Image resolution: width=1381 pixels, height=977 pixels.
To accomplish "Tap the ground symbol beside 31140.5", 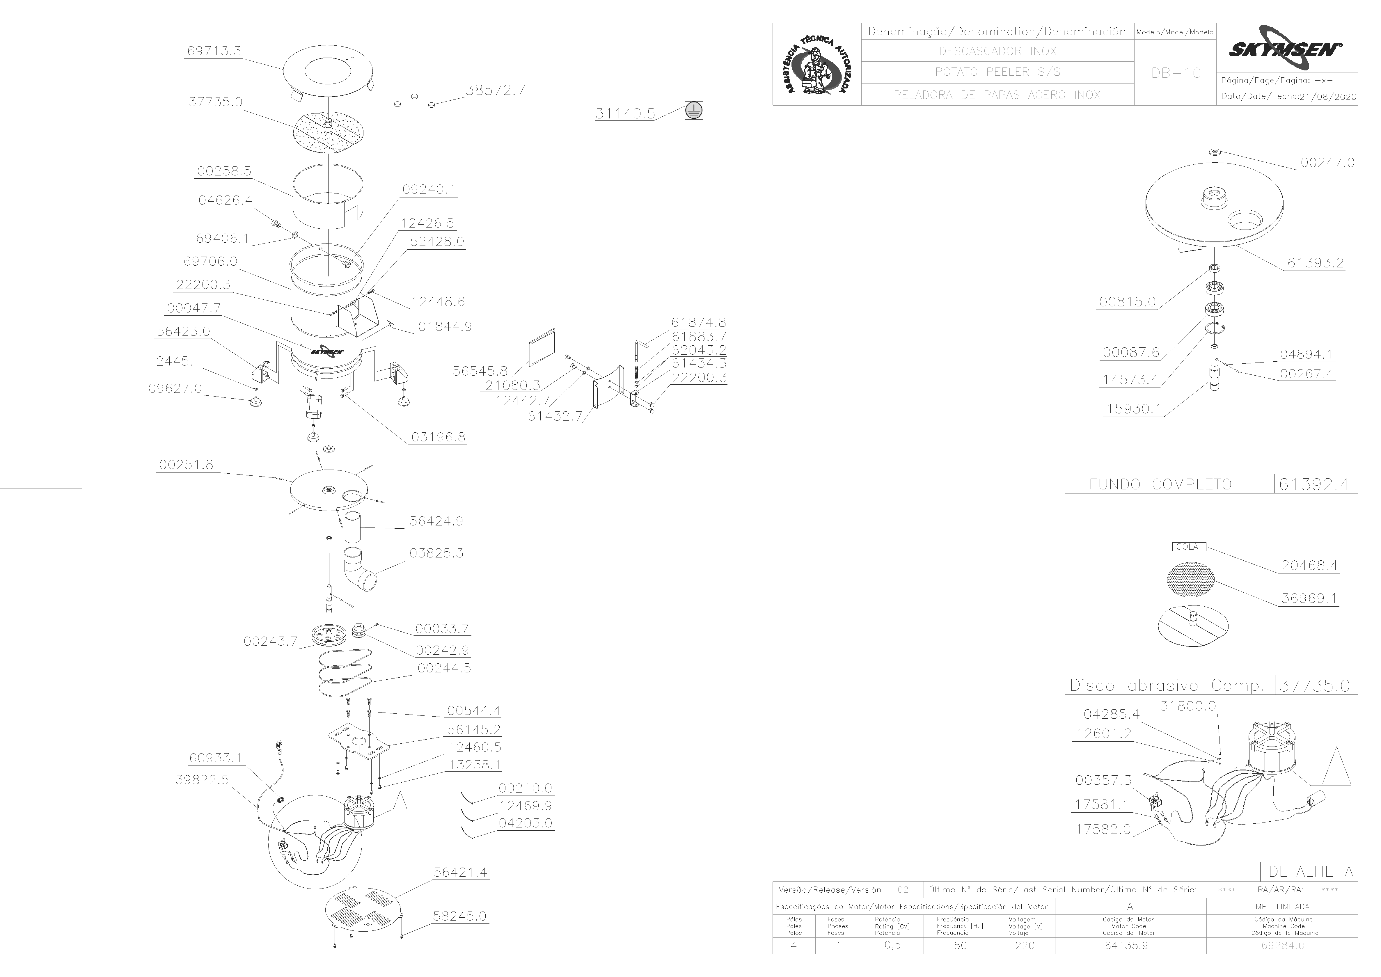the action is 694,111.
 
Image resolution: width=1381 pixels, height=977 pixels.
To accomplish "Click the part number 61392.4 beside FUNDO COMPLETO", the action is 1314,484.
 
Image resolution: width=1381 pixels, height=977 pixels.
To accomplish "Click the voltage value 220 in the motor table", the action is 1025,946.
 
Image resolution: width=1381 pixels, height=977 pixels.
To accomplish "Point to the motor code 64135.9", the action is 1126,946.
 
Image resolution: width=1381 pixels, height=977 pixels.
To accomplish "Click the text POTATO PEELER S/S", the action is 997,72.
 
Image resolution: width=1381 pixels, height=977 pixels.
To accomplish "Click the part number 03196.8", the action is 438,437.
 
